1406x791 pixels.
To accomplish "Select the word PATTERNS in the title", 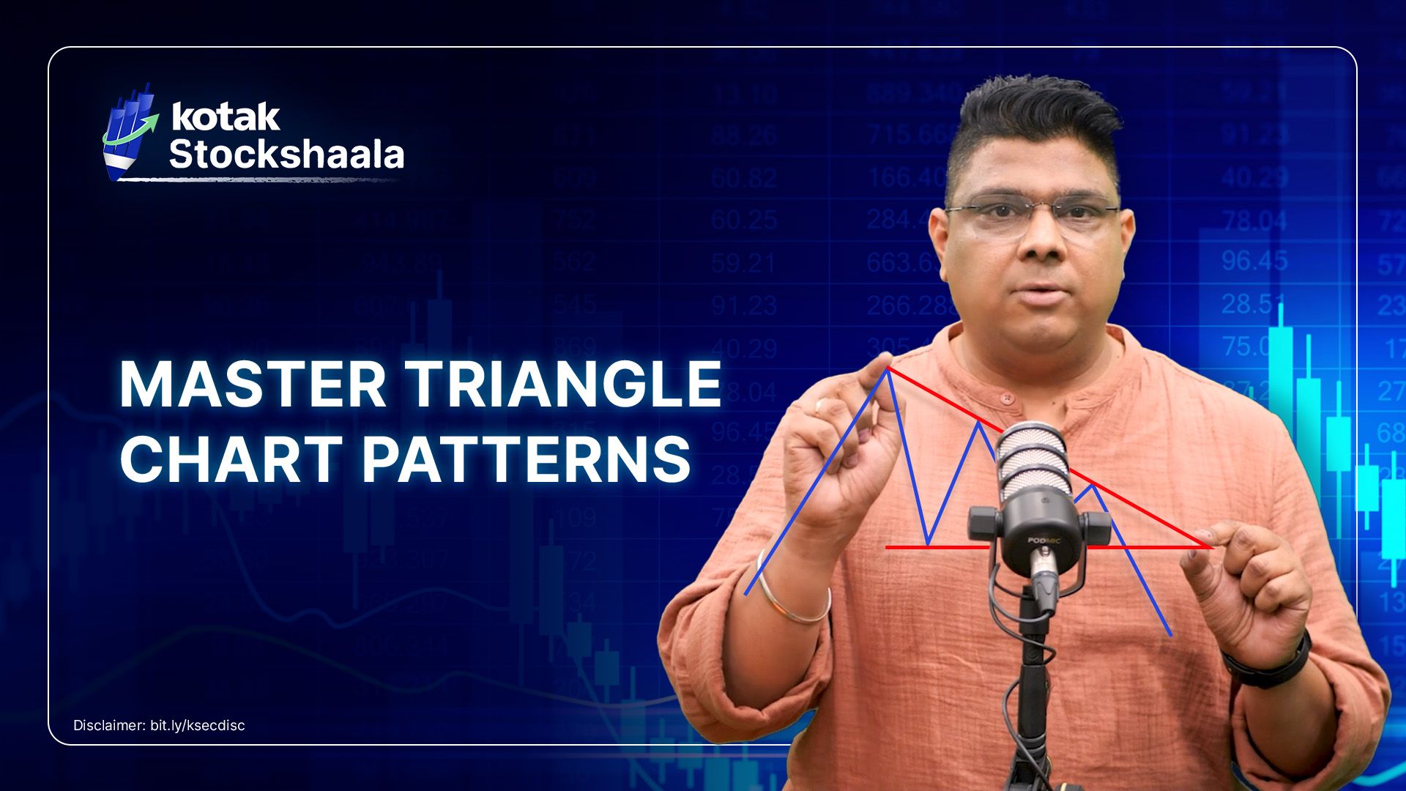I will [x=526, y=459].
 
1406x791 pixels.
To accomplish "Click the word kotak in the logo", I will [x=225, y=117].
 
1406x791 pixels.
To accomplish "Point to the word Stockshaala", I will [x=286, y=155].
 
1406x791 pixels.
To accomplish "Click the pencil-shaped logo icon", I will [x=130, y=132].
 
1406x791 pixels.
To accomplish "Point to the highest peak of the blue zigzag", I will [x=888, y=370].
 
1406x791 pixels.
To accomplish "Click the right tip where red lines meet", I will [x=1210, y=546].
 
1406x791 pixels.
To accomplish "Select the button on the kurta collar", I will [x=1008, y=398].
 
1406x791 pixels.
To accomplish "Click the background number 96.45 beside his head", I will [x=1254, y=261].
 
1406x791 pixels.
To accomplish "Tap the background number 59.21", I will [x=743, y=262].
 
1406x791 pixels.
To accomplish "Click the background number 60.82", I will [x=743, y=178].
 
